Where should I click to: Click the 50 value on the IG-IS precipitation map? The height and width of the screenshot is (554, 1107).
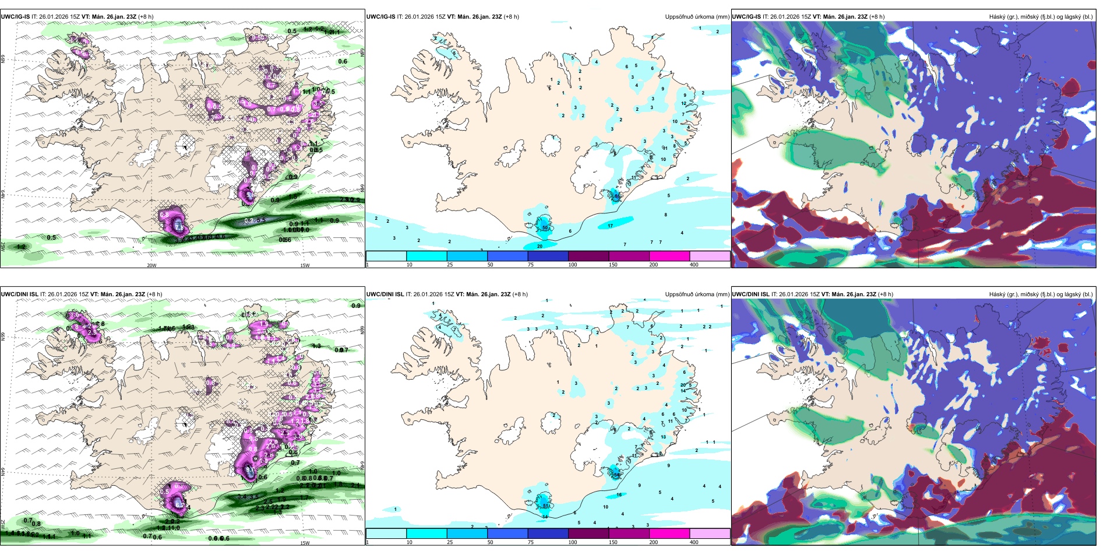pyautogui.click(x=545, y=228)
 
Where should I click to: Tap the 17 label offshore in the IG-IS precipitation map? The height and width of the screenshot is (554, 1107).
pyautogui.click(x=610, y=226)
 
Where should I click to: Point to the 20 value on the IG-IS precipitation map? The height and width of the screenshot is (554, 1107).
pyautogui.click(x=540, y=246)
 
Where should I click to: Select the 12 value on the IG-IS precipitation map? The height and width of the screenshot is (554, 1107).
pyautogui.click(x=684, y=104)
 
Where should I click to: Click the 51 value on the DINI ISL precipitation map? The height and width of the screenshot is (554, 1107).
pyautogui.click(x=545, y=506)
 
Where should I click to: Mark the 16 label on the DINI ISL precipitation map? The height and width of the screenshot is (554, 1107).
pyautogui.click(x=619, y=495)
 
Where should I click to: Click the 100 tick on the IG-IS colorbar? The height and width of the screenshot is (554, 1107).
pyautogui.click(x=573, y=265)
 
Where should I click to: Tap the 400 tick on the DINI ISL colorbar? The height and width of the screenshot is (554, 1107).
pyautogui.click(x=694, y=542)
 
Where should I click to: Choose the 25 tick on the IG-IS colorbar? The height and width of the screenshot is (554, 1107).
pyautogui.click(x=450, y=265)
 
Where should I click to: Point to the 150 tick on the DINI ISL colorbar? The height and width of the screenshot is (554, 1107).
pyautogui.click(x=613, y=542)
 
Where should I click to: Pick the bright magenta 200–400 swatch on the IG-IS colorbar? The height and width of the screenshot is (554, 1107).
pyautogui.click(x=669, y=256)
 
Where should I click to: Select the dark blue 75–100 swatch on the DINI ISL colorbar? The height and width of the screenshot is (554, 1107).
pyautogui.click(x=548, y=534)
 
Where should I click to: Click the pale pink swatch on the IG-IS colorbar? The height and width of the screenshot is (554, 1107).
pyautogui.click(x=710, y=256)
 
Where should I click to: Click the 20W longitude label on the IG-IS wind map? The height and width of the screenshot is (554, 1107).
pyautogui.click(x=151, y=265)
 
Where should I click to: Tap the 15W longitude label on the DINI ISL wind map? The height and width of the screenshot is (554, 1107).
pyautogui.click(x=304, y=543)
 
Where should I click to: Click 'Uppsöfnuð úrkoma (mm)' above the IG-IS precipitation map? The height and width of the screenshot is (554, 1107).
pyautogui.click(x=697, y=17)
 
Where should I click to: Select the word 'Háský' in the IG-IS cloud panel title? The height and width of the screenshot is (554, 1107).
pyautogui.click(x=997, y=17)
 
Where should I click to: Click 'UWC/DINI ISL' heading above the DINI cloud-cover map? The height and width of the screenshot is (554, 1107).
pyautogui.click(x=750, y=294)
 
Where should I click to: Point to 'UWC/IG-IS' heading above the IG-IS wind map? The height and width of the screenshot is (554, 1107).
pyautogui.click(x=15, y=17)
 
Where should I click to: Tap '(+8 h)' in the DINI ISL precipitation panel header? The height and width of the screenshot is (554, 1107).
pyautogui.click(x=520, y=294)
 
